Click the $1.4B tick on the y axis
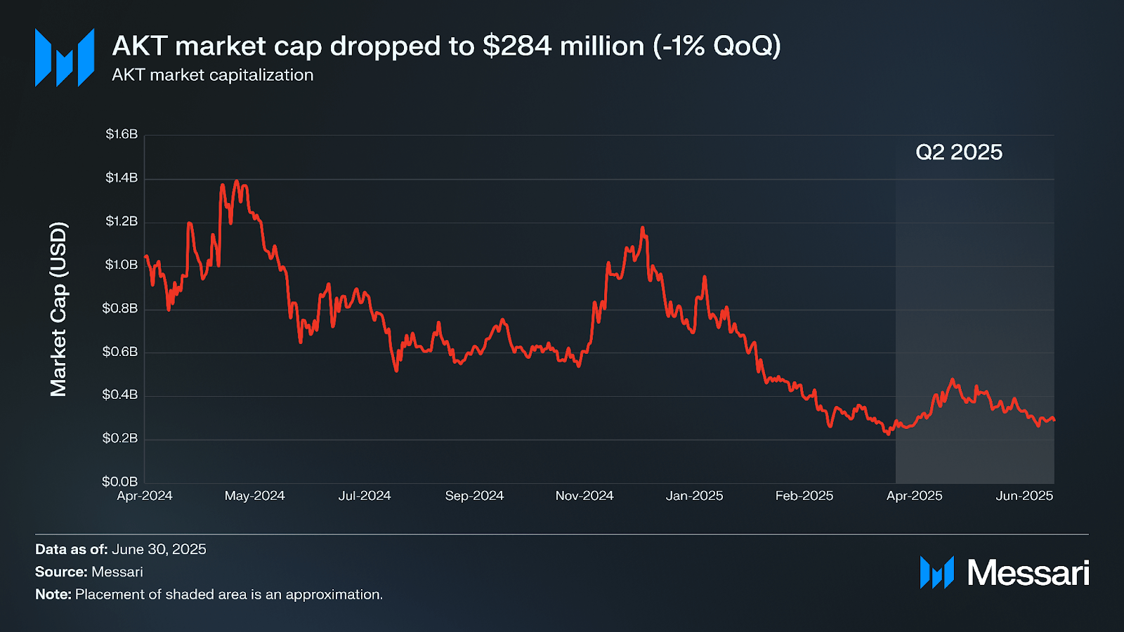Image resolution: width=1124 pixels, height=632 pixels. point(122,178)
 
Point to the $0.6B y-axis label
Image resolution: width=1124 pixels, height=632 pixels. point(120,351)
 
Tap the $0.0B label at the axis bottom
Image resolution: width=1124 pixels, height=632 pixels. point(120,482)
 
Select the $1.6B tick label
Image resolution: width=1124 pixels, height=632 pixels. point(122,134)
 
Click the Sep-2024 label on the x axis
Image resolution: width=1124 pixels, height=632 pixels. point(474,496)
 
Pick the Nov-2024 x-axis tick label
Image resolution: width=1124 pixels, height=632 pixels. point(584,496)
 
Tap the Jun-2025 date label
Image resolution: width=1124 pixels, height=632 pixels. point(1024,496)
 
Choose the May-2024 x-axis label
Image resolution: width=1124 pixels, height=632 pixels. point(254,496)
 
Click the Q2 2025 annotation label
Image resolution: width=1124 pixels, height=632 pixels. point(959,152)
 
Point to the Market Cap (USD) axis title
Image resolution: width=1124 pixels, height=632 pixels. point(58,309)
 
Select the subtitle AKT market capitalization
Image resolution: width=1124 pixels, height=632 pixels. point(212,75)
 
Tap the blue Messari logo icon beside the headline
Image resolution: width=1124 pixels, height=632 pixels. point(65,58)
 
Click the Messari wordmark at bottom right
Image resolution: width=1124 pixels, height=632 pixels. point(1028,573)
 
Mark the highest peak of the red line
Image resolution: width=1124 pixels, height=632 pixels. point(237,182)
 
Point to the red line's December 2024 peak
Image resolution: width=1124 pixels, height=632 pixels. point(642,228)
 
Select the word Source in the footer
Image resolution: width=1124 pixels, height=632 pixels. point(60,572)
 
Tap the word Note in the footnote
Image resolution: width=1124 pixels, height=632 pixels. point(53,594)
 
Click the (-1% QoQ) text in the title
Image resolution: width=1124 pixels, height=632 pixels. point(717,46)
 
